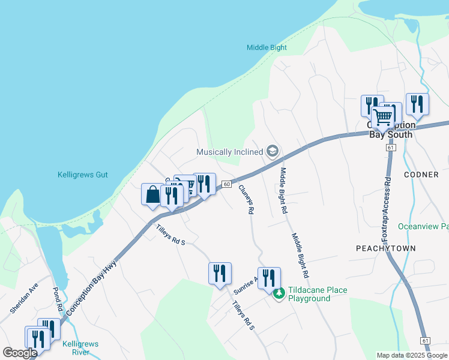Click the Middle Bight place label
[267, 47]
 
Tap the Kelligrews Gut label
[82, 175]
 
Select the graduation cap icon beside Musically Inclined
[273, 151]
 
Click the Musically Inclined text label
[230, 152]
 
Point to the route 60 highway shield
[226, 184]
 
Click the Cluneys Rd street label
[246, 199]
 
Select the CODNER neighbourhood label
[421, 175]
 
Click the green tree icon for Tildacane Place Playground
[279, 294]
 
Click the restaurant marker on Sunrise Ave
[269, 278]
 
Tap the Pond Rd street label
[59, 299]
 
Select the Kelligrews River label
[80, 348]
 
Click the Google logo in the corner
[20, 353]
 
